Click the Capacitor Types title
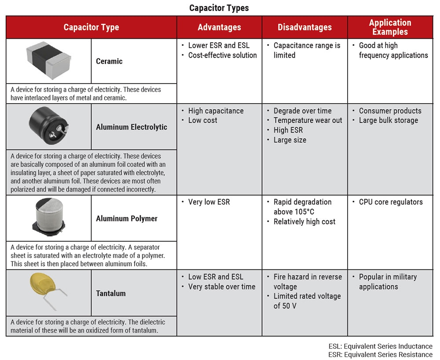click(x=219, y=8)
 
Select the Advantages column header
click(x=219, y=27)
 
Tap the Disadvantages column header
click(x=304, y=27)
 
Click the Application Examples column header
click(x=390, y=27)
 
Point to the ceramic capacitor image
click(x=48, y=60)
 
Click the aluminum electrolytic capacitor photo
click(x=48, y=127)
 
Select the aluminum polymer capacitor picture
click(x=48, y=218)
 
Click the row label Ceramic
click(x=109, y=61)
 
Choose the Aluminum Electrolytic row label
click(x=132, y=127)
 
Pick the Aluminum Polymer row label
click(x=127, y=218)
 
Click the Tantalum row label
click(x=111, y=293)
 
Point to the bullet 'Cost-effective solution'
click(x=222, y=55)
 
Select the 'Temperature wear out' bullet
click(x=308, y=120)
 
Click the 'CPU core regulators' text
click(x=391, y=202)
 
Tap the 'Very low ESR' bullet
click(x=209, y=202)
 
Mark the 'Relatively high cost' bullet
click(x=304, y=222)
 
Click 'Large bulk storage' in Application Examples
click(x=388, y=120)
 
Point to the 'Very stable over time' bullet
click(x=221, y=287)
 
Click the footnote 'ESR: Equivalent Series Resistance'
click(x=380, y=354)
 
